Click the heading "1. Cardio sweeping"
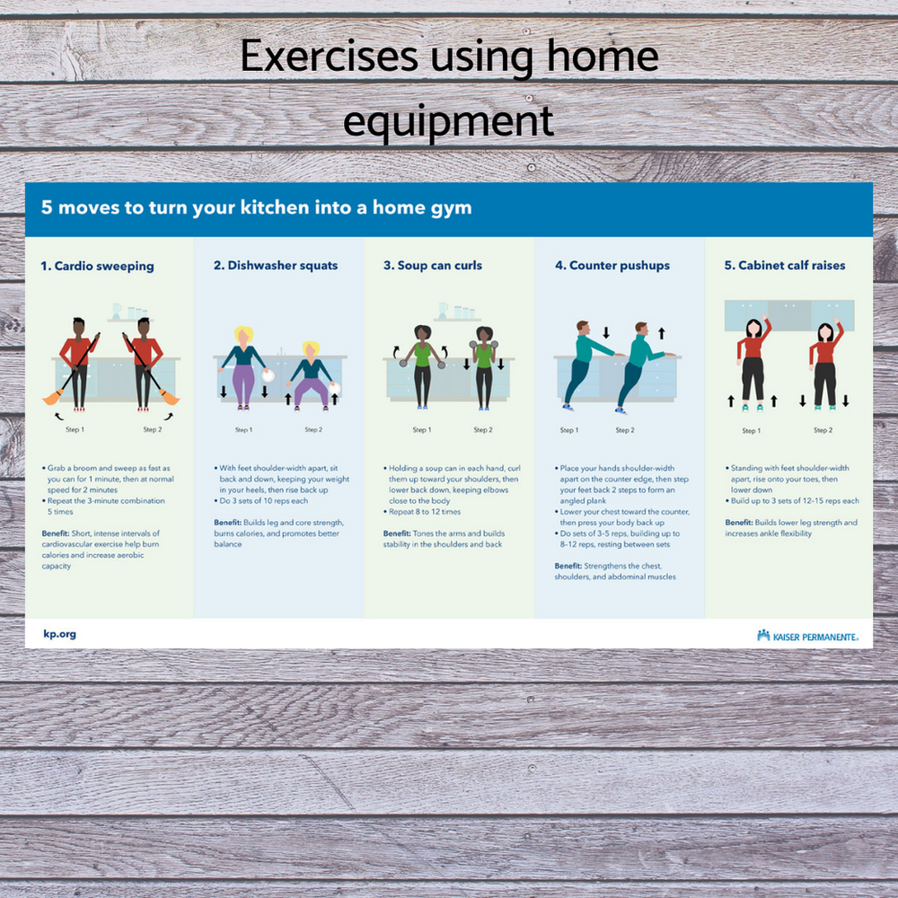[x=97, y=266]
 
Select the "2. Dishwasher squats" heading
[x=275, y=266]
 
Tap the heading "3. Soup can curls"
[x=433, y=266]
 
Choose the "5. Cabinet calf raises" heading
[x=785, y=266]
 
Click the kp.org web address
[x=59, y=634]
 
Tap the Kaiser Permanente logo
[x=807, y=636]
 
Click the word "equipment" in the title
[x=448, y=119]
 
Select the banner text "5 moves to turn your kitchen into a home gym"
[x=256, y=207]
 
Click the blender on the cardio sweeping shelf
[x=116, y=312]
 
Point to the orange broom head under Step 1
[x=53, y=397]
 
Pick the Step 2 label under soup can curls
[x=483, y=430]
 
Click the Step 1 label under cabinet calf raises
[x=750, y=431]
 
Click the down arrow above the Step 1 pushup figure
[x=605, y=332]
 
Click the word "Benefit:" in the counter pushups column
[x=568, y=566]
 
